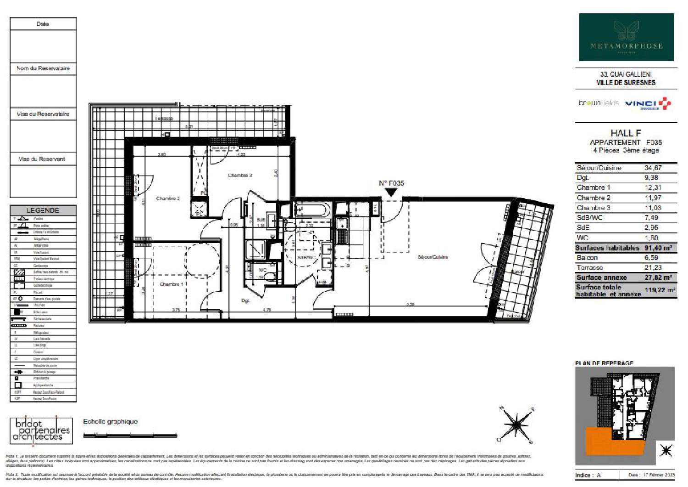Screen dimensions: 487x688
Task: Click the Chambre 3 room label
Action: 240,175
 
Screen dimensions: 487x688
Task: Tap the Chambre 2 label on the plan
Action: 168,198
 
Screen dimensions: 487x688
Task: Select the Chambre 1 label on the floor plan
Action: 172,284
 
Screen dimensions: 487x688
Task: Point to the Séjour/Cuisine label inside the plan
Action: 433,257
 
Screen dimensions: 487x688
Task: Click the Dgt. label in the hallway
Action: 246,300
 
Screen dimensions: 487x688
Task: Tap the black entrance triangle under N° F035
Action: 391,193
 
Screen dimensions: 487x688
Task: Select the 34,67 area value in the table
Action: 653,168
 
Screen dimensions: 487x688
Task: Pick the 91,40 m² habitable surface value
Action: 658,248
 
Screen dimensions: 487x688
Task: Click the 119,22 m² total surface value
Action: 660,290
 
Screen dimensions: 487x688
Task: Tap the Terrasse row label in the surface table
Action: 590,267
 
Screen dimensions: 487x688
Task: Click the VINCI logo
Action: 648,104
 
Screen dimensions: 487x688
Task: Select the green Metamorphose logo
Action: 626,37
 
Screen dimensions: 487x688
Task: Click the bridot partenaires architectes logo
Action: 41,430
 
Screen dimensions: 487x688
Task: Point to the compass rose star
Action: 516,424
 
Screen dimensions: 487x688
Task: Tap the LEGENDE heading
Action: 43,210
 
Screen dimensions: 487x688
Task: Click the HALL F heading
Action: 626,133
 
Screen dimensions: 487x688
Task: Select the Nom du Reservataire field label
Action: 43,68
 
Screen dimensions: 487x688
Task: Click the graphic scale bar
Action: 130,435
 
